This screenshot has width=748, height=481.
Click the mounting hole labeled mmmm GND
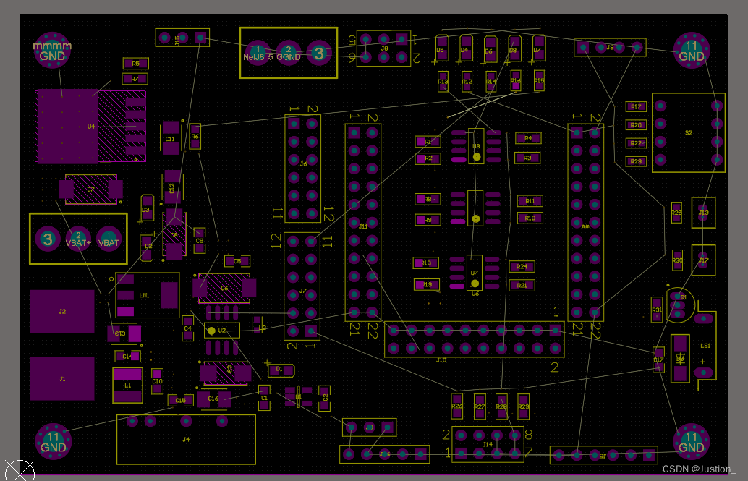53,51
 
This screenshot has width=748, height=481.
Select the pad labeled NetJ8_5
258,52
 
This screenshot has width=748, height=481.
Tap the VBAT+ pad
78,239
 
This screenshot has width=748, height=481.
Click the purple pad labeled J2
62,311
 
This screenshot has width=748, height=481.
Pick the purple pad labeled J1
62,378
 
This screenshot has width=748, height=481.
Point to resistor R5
135,64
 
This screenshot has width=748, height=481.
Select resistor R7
135,79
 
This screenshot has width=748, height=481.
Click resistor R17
635,107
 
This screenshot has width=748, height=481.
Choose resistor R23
635,161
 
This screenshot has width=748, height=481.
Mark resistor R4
527,137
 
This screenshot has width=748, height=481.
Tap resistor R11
530,201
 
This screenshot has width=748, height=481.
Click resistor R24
522,267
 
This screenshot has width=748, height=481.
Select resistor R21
522,286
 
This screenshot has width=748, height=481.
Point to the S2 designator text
688,133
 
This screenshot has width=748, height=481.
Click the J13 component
703,213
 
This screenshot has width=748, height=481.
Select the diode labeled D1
280,370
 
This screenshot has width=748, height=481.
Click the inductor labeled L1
127,385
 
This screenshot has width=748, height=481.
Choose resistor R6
195,136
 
